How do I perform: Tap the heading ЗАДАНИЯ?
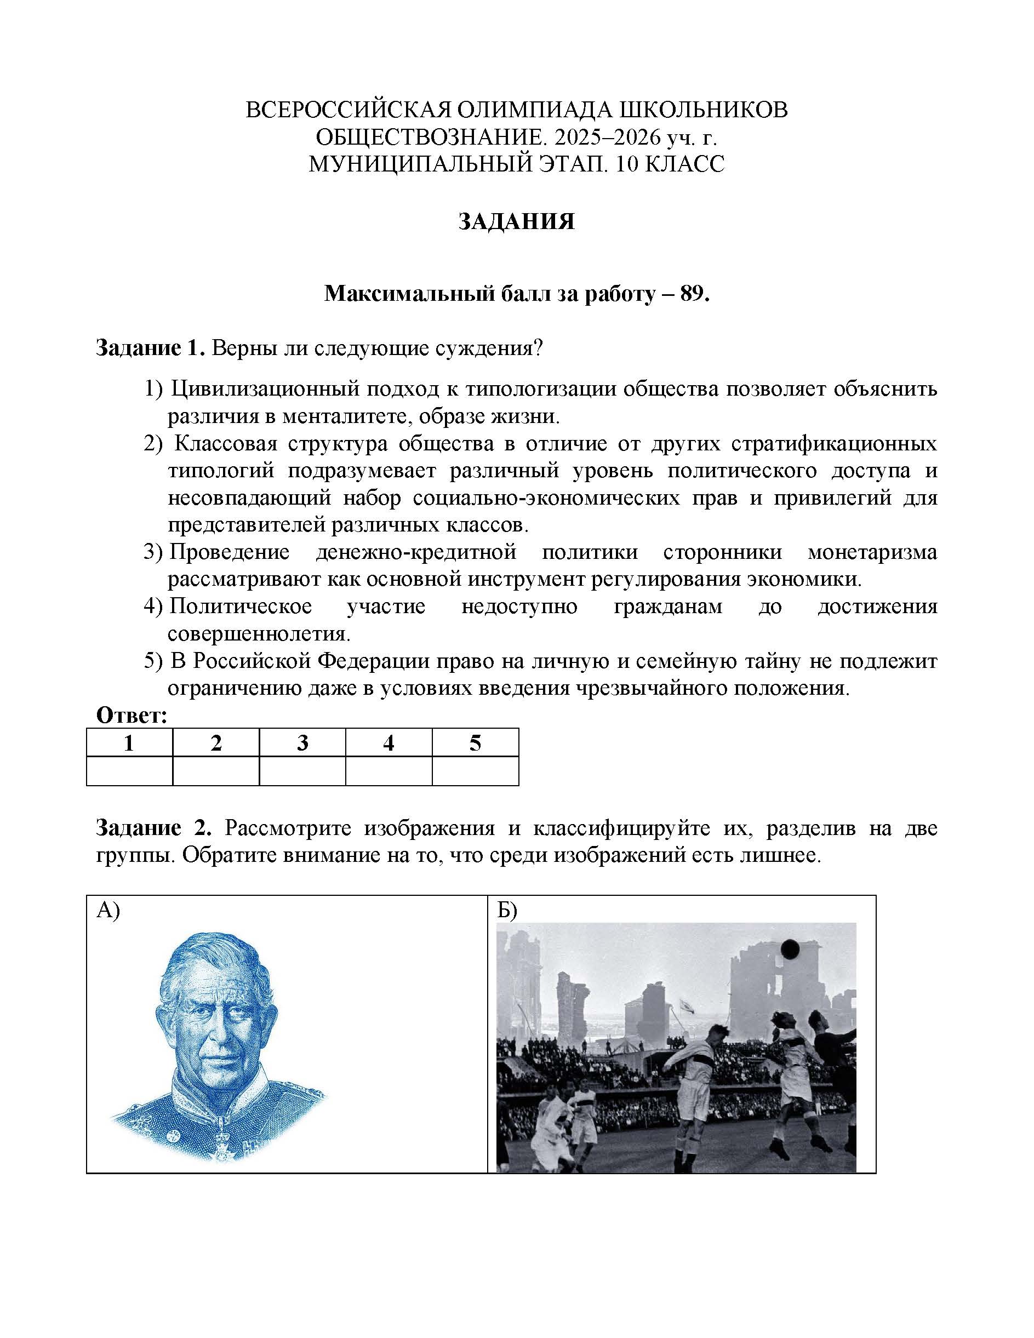click(x=516, y=222)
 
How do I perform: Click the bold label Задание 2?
click(x=153, y=828)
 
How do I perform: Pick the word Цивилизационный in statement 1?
click(x=265, y=389)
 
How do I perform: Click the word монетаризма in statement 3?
click(x=872, y=553)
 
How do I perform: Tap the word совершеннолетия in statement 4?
click(x=258, y=634)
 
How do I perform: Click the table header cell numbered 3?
click(x=302, y=743)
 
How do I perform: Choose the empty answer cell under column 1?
click(x=129, y=771)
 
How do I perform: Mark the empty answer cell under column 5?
click(x=475, y=771)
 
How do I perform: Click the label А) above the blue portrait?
click(x=108, y=911)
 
